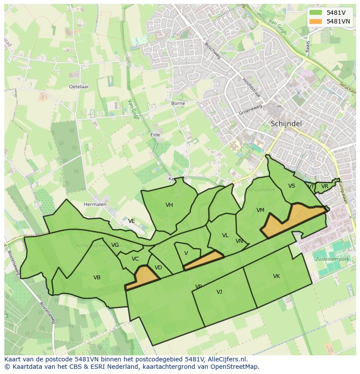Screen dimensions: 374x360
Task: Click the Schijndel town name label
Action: coord(286,123)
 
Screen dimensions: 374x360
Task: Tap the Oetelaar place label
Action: coord(79,86)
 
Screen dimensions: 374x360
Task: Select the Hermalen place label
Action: coord(95,204)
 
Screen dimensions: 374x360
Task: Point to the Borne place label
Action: coord(178,103)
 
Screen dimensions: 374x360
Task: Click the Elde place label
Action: coord(155,135)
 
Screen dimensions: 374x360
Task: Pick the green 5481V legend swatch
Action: coord(315,13)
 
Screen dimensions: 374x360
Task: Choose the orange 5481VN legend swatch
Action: coord(315,21)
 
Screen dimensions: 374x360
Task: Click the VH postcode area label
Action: coord(169,205)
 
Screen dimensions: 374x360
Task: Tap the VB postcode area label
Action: coord(97,278)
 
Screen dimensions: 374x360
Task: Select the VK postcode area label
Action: coord(277,276)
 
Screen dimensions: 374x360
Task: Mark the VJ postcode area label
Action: coord(220,292)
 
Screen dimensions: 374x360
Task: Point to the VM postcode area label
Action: coord(260,210)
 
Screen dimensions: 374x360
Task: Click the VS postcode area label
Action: coord(292,186)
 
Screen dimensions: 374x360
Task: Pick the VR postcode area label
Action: coord(325,186)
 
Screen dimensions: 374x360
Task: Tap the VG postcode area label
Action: coord(115,245)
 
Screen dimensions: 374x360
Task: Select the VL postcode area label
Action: coord(225,235)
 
